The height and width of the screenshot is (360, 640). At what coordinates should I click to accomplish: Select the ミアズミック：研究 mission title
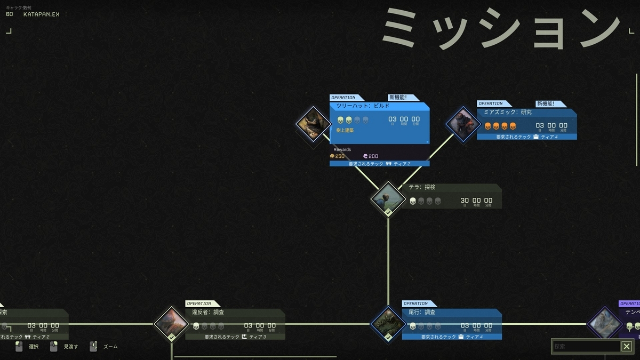[x=507, y=113]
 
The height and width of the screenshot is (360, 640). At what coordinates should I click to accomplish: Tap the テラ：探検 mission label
[x=422, y=188]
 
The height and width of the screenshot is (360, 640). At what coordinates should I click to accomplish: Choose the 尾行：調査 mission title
[x=422, y=312]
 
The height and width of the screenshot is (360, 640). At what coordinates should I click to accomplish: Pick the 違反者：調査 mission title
[x=208, y=312]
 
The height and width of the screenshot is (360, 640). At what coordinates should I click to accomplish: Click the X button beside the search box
[x=627, y=347]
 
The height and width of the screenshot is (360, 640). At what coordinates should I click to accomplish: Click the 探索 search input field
[x=586, y=347]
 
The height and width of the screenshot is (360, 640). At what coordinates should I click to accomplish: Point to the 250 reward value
[x=340, y=156]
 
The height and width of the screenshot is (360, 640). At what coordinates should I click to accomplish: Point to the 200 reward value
[x=373, y=156]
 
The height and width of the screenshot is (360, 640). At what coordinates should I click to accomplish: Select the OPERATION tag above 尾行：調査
[x=415, y=303]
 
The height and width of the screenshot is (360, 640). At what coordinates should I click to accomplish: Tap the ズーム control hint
[x=110, y=347]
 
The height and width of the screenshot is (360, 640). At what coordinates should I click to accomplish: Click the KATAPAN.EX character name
[x=41, y=14]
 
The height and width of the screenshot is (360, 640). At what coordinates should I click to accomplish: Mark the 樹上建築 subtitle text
[x=345, y=130]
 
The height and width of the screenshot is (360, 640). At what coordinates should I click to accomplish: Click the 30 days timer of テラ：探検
[x=465, y=201]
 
